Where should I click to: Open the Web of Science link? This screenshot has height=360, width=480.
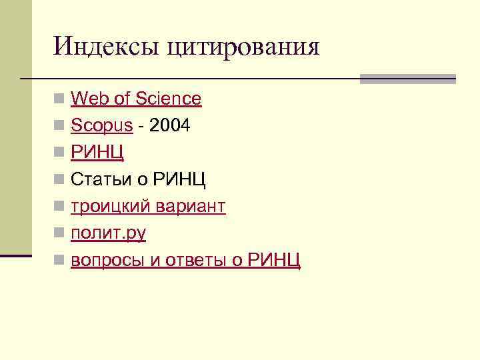point(136,99)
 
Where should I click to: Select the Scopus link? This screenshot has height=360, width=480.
point(102,126)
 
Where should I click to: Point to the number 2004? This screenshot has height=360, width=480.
point(170,125)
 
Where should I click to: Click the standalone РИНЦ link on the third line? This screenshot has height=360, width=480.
point(97,153)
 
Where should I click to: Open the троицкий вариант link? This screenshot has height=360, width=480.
point(148,207)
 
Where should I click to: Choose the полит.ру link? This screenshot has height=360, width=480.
point(109,233)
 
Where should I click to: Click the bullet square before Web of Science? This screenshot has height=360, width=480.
point(60,99)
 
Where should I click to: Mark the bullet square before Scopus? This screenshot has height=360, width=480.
point(60,126)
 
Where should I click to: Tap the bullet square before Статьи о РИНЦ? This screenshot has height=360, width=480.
point(60,180)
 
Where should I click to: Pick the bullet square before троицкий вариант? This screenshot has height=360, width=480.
point(60,207)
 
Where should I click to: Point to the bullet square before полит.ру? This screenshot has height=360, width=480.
point(60,233)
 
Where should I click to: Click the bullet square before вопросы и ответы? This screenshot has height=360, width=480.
point(60,261)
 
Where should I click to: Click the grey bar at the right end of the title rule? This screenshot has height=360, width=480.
point(407,79)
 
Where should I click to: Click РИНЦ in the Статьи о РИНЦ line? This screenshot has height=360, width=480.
point(179,179)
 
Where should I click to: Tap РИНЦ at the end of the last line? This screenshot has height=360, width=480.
point(274,260)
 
